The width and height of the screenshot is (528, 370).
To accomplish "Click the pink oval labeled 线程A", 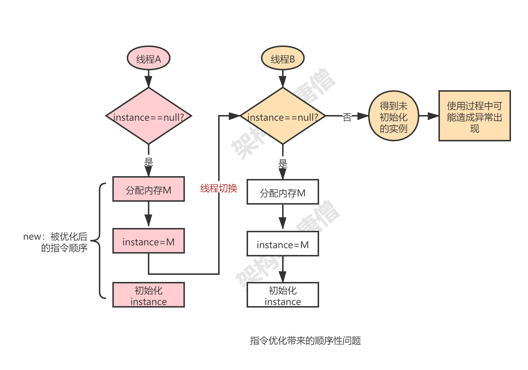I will click(x=149, y=59).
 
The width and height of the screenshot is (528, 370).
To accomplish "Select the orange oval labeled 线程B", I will click(x=283, y=59).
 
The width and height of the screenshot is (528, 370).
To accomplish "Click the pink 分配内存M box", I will click(x=149, y=190).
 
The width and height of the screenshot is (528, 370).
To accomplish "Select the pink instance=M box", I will click(x=149, y=241).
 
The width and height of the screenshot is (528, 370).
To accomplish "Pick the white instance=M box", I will click(x=283, y=244).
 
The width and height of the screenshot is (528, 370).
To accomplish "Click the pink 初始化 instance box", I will click(x=149, y=295).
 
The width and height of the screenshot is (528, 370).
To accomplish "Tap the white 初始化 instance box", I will click(x=283, y=295).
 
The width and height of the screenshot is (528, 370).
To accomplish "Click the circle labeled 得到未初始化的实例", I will click(x=393, y=116).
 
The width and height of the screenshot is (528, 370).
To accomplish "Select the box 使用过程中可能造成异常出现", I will click(x=474, y=116).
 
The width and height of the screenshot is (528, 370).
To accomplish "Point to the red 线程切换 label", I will click(x=219, y=187).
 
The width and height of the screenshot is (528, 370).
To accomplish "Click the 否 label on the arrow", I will click(x=347, y=116).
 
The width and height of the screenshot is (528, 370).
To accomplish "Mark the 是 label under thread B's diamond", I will click(x=283, y=163).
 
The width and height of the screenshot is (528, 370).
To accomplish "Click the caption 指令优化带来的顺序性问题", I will click(x=305, y=341).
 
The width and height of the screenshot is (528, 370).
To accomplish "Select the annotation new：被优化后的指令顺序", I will click(x=57, y=242).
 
